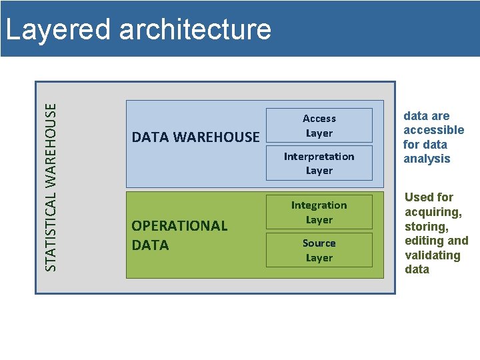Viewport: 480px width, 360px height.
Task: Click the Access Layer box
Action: [319, 125]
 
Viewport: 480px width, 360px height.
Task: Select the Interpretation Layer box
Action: [319, 163]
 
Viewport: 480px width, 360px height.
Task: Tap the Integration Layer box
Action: [319, 212]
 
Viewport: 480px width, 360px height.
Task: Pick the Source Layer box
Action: [319, 250]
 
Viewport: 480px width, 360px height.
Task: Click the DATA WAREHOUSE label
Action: [195, 137]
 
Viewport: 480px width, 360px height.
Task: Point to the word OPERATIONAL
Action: [179, 226]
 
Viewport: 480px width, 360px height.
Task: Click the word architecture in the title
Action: [195, 29]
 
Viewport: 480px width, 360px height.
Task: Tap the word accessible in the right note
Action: [433, 130]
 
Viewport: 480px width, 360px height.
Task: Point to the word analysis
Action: [427, 159]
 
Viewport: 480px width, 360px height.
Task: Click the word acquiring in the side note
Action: [433, 211]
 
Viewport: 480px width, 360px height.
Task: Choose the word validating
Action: [433, 255]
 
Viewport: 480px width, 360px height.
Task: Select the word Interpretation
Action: [319, 156]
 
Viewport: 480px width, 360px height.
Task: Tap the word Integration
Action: [319, 205]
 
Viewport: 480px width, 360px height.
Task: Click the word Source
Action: [319, 243]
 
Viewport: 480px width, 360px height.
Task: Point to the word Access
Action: [319, 119]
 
